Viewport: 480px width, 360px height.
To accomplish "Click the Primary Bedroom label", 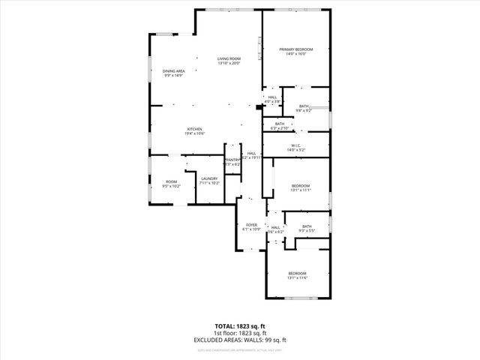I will [296, 49].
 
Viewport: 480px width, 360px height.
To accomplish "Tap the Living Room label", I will [229, 58].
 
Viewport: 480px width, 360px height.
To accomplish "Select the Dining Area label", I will [173, 71].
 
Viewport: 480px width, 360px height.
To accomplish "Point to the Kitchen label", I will [194, 129].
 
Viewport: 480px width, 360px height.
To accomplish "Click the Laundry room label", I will [208, 178].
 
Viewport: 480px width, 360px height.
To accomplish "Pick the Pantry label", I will [232, 159].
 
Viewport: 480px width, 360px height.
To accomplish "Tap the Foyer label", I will [251, 224].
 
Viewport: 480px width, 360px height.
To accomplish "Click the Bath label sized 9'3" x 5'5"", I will [307, 226].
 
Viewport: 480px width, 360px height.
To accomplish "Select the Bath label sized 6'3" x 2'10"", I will [280, 124].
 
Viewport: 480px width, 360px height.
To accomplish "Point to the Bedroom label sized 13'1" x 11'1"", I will [301, 185].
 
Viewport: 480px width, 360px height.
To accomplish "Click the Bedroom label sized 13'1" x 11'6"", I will [297, 273].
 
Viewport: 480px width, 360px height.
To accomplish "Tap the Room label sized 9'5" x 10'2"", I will [171, 181].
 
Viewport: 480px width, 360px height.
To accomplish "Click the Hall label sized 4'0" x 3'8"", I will [272, 97].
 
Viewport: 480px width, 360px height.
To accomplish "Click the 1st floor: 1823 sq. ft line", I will [240, 333].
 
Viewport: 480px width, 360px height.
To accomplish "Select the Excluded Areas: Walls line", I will [240, 340].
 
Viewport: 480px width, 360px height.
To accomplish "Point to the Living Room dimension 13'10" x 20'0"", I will [229, 63].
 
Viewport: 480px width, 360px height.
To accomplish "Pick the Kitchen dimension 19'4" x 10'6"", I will [194, 133].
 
